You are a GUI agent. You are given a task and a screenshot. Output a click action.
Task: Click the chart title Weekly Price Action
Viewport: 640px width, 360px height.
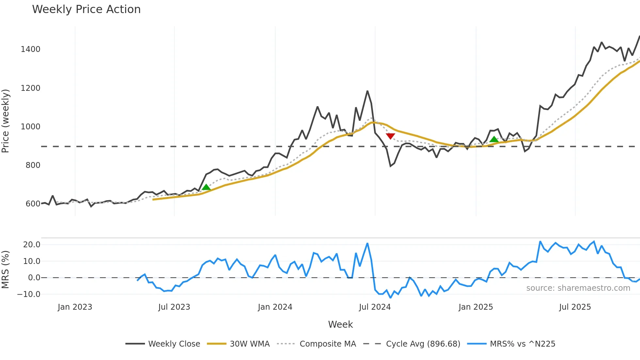click(x=86, y=9)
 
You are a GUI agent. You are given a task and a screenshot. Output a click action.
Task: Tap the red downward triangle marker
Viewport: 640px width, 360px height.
click(x=390, y=136)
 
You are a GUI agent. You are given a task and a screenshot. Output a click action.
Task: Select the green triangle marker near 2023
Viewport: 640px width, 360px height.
click(x=206, y=187)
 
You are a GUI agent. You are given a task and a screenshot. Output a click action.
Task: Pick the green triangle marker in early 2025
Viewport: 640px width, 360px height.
click(x=494, y=139)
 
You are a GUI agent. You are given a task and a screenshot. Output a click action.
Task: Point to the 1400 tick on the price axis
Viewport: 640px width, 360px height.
click(x=30, y=49)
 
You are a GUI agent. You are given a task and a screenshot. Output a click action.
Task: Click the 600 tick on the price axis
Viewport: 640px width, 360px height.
click(x=33, y=204)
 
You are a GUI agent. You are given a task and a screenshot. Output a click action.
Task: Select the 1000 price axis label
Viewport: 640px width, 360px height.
click(x=30, y=127)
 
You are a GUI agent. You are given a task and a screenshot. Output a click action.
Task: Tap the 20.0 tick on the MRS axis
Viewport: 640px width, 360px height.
click(x=32, y=245)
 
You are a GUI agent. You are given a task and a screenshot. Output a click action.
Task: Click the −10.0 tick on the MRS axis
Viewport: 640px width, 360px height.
click(x=29, y=294)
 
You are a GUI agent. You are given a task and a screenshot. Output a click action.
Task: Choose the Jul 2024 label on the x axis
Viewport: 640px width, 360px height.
click(x=375, y=307)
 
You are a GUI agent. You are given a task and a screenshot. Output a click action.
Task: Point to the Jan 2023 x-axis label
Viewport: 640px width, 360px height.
click(x=75, y=307)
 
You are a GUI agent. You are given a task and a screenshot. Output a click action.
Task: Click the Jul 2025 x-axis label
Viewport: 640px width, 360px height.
click(x=575, y=307)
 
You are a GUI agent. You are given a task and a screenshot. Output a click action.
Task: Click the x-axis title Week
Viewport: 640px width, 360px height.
click(x=340, y=324)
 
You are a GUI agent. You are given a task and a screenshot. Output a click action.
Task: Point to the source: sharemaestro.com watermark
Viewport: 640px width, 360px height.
click(x=578, y=288)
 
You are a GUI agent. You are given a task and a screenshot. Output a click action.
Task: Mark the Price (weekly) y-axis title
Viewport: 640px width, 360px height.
click(x=6, y=121)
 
